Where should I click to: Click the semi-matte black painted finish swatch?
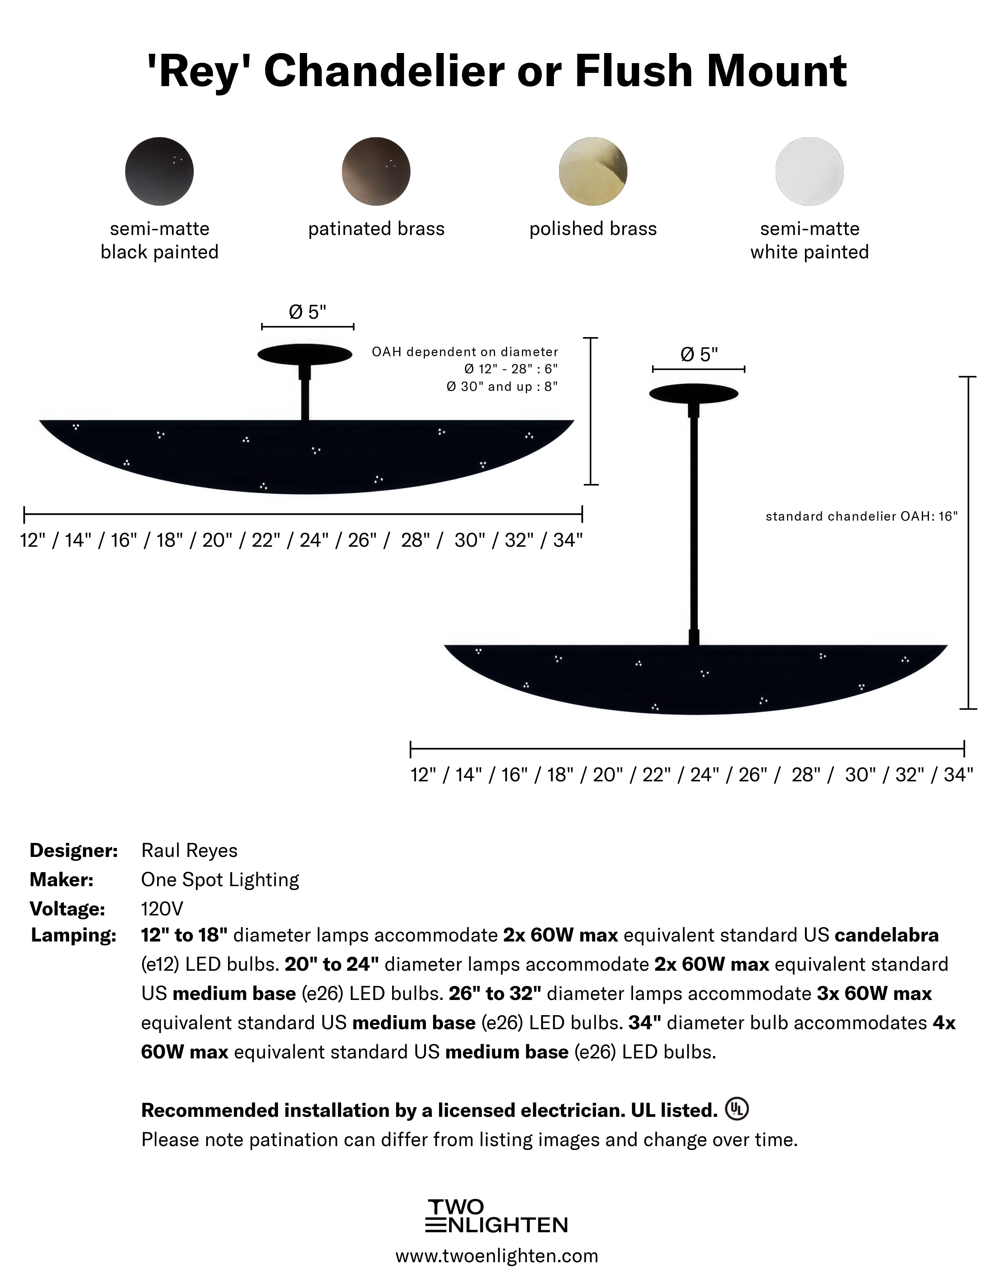pos(159,171)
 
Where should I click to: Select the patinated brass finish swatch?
pos(376,171)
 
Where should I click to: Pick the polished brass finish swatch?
pos(593,171)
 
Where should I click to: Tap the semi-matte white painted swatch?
pos(809,171)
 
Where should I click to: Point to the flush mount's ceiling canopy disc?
pos(305,354)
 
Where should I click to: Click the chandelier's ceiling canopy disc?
pos(694,393)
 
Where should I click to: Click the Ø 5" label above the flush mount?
pos(308,312)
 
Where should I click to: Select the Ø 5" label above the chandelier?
pos(699,355)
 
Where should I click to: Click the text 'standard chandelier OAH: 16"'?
pos(861,516)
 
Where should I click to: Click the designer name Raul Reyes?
pos(189,850)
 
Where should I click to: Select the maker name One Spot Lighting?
pos(219,880)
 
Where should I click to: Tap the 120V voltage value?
pos(162,908)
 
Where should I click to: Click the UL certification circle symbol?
pos(737,1109)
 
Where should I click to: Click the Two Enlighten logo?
pos(496,1215)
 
